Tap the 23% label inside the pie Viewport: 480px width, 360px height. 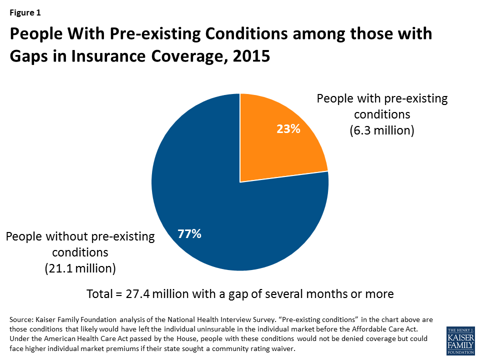pos(288,129)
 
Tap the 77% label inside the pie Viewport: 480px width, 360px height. pos(189,233)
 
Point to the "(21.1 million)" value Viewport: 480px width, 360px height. pos(80,268)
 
